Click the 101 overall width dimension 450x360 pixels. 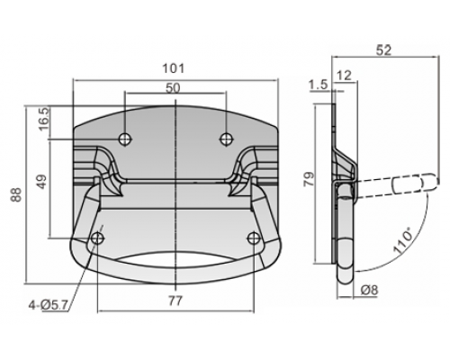pos(174,68)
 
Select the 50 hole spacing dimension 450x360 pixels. pos(173,88)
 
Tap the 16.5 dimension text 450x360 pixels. pos(44,119)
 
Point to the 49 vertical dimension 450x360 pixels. pos(42,182)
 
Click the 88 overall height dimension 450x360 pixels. pos(17,194)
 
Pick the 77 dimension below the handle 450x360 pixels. pos(175,301)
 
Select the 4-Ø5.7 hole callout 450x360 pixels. pos(48,305)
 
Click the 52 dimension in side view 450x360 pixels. pos(383,50)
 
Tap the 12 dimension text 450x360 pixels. pos(344,76)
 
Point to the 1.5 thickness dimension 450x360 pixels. pos(319,85)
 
